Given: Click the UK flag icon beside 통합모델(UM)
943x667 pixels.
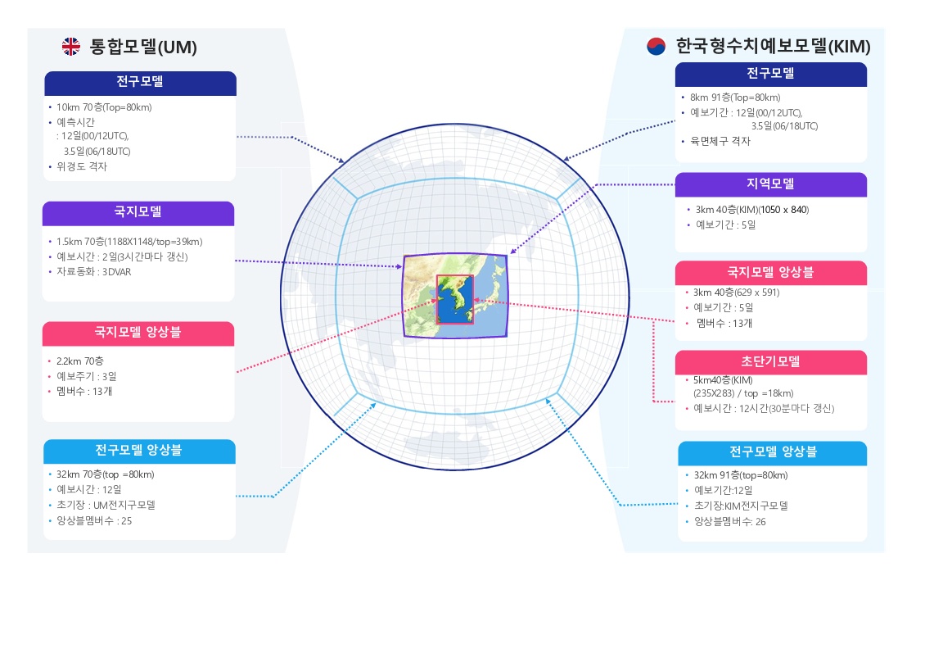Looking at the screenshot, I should point(71,47).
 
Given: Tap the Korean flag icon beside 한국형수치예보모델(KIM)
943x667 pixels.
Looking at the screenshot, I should point(656,46).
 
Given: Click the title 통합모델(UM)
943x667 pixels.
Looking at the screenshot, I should point(144,47).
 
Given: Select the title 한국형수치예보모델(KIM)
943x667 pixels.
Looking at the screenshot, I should point(773,46).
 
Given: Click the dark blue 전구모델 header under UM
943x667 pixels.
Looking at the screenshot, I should point(140,83).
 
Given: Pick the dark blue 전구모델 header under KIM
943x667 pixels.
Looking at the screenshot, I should point(770,74).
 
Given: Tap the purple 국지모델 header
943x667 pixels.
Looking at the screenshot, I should point(138,213).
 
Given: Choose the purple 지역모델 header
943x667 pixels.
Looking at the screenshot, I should point(770,184).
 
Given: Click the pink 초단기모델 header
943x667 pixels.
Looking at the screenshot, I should point(770,362).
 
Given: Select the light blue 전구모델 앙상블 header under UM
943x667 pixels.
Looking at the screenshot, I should point(138,451).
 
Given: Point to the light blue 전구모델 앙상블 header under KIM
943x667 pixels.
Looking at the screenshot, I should point(772,452).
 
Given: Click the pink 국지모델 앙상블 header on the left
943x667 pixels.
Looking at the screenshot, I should point(138,333).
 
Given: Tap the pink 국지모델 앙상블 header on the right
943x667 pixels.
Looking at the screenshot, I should point(770,272).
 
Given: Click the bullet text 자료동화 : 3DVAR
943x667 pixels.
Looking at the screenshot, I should point(93,272).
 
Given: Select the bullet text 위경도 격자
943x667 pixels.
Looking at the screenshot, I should point(82,166).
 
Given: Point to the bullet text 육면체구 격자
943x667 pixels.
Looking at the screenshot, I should point(720,141).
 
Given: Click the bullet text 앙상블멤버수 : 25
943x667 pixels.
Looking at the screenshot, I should point(93,520).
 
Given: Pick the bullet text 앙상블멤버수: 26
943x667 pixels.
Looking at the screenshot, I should point(729,521).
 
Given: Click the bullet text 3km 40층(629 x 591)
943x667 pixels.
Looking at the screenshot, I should point(736,293).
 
